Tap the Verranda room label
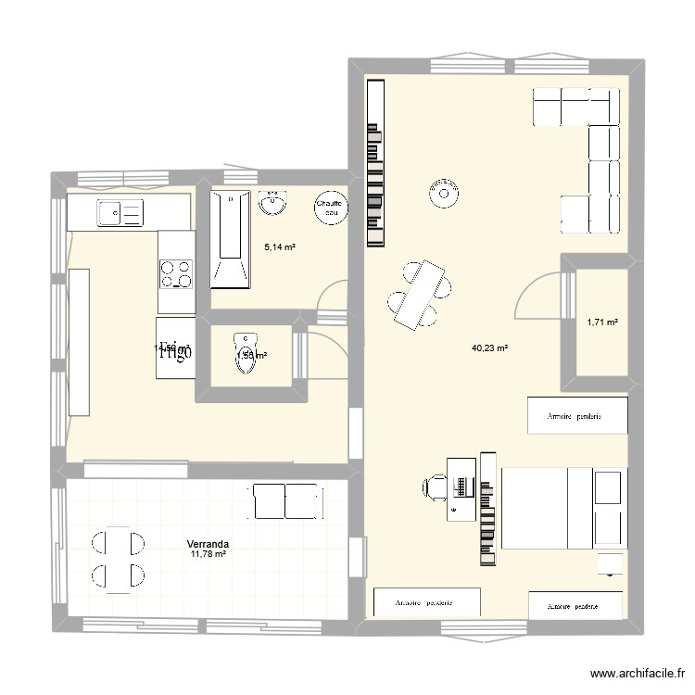[208, 544]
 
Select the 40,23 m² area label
[490, 348]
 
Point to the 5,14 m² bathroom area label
[280, 247]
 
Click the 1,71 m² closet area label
[602, 322]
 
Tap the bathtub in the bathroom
[230, 236]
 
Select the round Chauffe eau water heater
[329, 208]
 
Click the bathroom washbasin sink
[272, 202]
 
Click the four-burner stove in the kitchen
[176, 274]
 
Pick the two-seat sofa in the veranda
[286, 501]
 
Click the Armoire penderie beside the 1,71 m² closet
[577, 415]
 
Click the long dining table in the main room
[421, 293]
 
